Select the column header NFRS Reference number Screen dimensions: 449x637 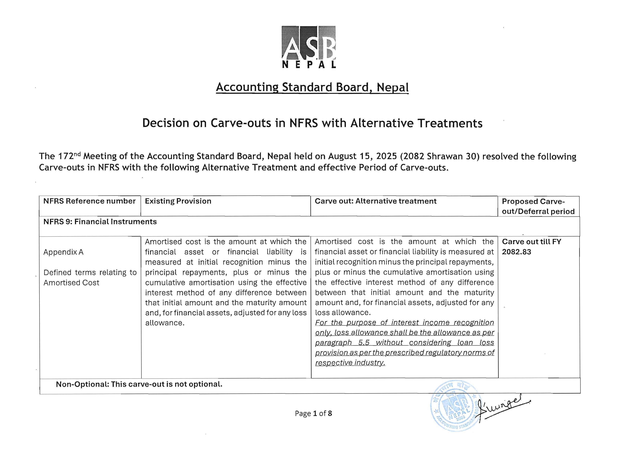pos(89,201)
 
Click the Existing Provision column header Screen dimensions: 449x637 pos(178,201)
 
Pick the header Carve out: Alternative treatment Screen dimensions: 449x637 pos(375,201)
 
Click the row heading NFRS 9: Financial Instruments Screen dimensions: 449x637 pos(100,222)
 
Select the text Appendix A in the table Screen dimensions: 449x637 pos(63,252)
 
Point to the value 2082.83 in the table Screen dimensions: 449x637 pos(516,252)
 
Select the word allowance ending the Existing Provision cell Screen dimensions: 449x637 pos(164,323)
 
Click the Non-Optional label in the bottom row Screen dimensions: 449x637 pos(82,384)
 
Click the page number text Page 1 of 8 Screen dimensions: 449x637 pos(313,414)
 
